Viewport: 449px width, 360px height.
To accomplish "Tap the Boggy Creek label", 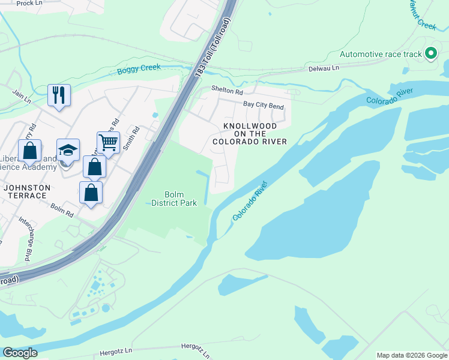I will coord(139,68).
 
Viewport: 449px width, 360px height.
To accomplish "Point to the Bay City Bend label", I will coord(263,105).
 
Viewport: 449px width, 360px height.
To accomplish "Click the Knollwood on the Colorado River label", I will coord(249,134).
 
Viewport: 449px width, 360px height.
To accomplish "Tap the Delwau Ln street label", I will coord(324,68).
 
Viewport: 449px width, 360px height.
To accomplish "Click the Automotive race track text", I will coord(381,54).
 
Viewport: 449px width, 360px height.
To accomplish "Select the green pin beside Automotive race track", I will coord(430,54).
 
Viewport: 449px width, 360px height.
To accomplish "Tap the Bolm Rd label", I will coord(62,210).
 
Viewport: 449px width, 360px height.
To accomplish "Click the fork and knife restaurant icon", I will coord(59,95).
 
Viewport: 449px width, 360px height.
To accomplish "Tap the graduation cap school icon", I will coord(68,150).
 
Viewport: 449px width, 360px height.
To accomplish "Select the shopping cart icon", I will coord(108,143).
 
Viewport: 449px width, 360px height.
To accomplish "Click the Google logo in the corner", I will coord(20,353).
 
